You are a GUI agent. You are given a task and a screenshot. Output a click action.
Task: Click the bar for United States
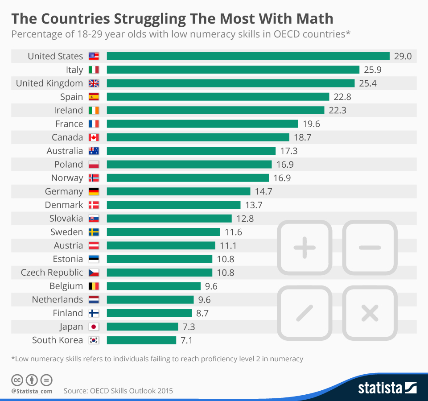pos(248,56)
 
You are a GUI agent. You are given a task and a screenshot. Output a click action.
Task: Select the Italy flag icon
pos(94,70)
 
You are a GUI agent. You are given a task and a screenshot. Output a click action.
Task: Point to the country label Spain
pos(71,97)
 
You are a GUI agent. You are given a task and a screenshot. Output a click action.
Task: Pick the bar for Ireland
pos(215,110)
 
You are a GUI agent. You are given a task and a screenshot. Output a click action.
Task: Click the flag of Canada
pos(94,137)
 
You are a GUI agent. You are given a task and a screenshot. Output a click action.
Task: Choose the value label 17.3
pos(289,151)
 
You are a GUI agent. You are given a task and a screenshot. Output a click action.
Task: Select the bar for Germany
pos(178,191)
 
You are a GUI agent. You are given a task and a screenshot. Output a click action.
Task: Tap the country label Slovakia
pos(66,219)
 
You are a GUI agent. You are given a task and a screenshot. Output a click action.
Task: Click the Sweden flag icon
pos(94,232)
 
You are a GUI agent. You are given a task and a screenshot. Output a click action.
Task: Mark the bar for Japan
pos(142,327)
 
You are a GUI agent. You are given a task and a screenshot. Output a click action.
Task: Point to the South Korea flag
pos(94,340)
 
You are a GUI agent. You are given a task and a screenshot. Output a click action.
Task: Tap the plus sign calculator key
pos(305,247)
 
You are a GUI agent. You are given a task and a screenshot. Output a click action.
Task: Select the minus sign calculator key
pos(370,247)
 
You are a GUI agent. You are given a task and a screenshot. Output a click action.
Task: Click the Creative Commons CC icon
pos(17,380)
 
